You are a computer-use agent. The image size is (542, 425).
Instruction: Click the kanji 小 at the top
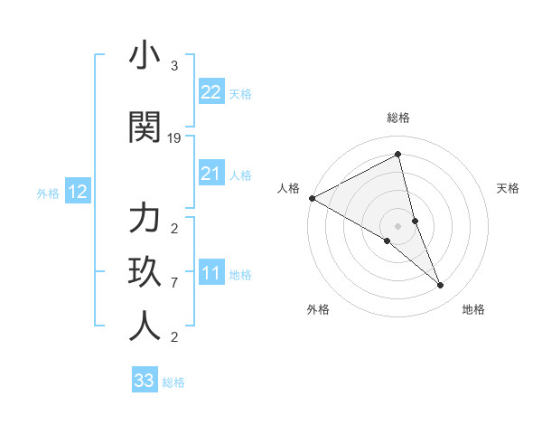145,57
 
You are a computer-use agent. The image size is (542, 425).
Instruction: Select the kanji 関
145,127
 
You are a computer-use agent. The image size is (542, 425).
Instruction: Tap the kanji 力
145,220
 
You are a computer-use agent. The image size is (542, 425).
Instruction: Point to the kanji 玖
145,273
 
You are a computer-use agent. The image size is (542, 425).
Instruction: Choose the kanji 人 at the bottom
145,326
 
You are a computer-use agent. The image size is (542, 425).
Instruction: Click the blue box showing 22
210,92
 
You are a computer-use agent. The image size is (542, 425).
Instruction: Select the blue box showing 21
210,174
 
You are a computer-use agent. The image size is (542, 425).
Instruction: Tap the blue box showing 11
210,273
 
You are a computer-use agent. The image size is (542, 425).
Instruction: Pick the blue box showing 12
77,192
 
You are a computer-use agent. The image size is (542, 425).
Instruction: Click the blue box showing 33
145,381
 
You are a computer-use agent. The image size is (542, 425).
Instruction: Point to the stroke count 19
174,138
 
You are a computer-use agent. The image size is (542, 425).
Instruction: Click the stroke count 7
174,283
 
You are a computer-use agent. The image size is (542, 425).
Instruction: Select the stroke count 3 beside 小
174,66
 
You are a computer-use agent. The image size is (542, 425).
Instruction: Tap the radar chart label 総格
398,118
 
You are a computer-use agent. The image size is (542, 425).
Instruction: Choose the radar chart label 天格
509,188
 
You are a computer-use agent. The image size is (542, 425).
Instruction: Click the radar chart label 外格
318,309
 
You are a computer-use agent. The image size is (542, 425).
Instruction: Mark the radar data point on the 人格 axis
312,197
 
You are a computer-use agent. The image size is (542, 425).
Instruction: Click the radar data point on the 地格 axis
441,285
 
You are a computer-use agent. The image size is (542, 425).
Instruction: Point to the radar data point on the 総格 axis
398,154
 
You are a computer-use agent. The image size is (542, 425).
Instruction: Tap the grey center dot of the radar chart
398,225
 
